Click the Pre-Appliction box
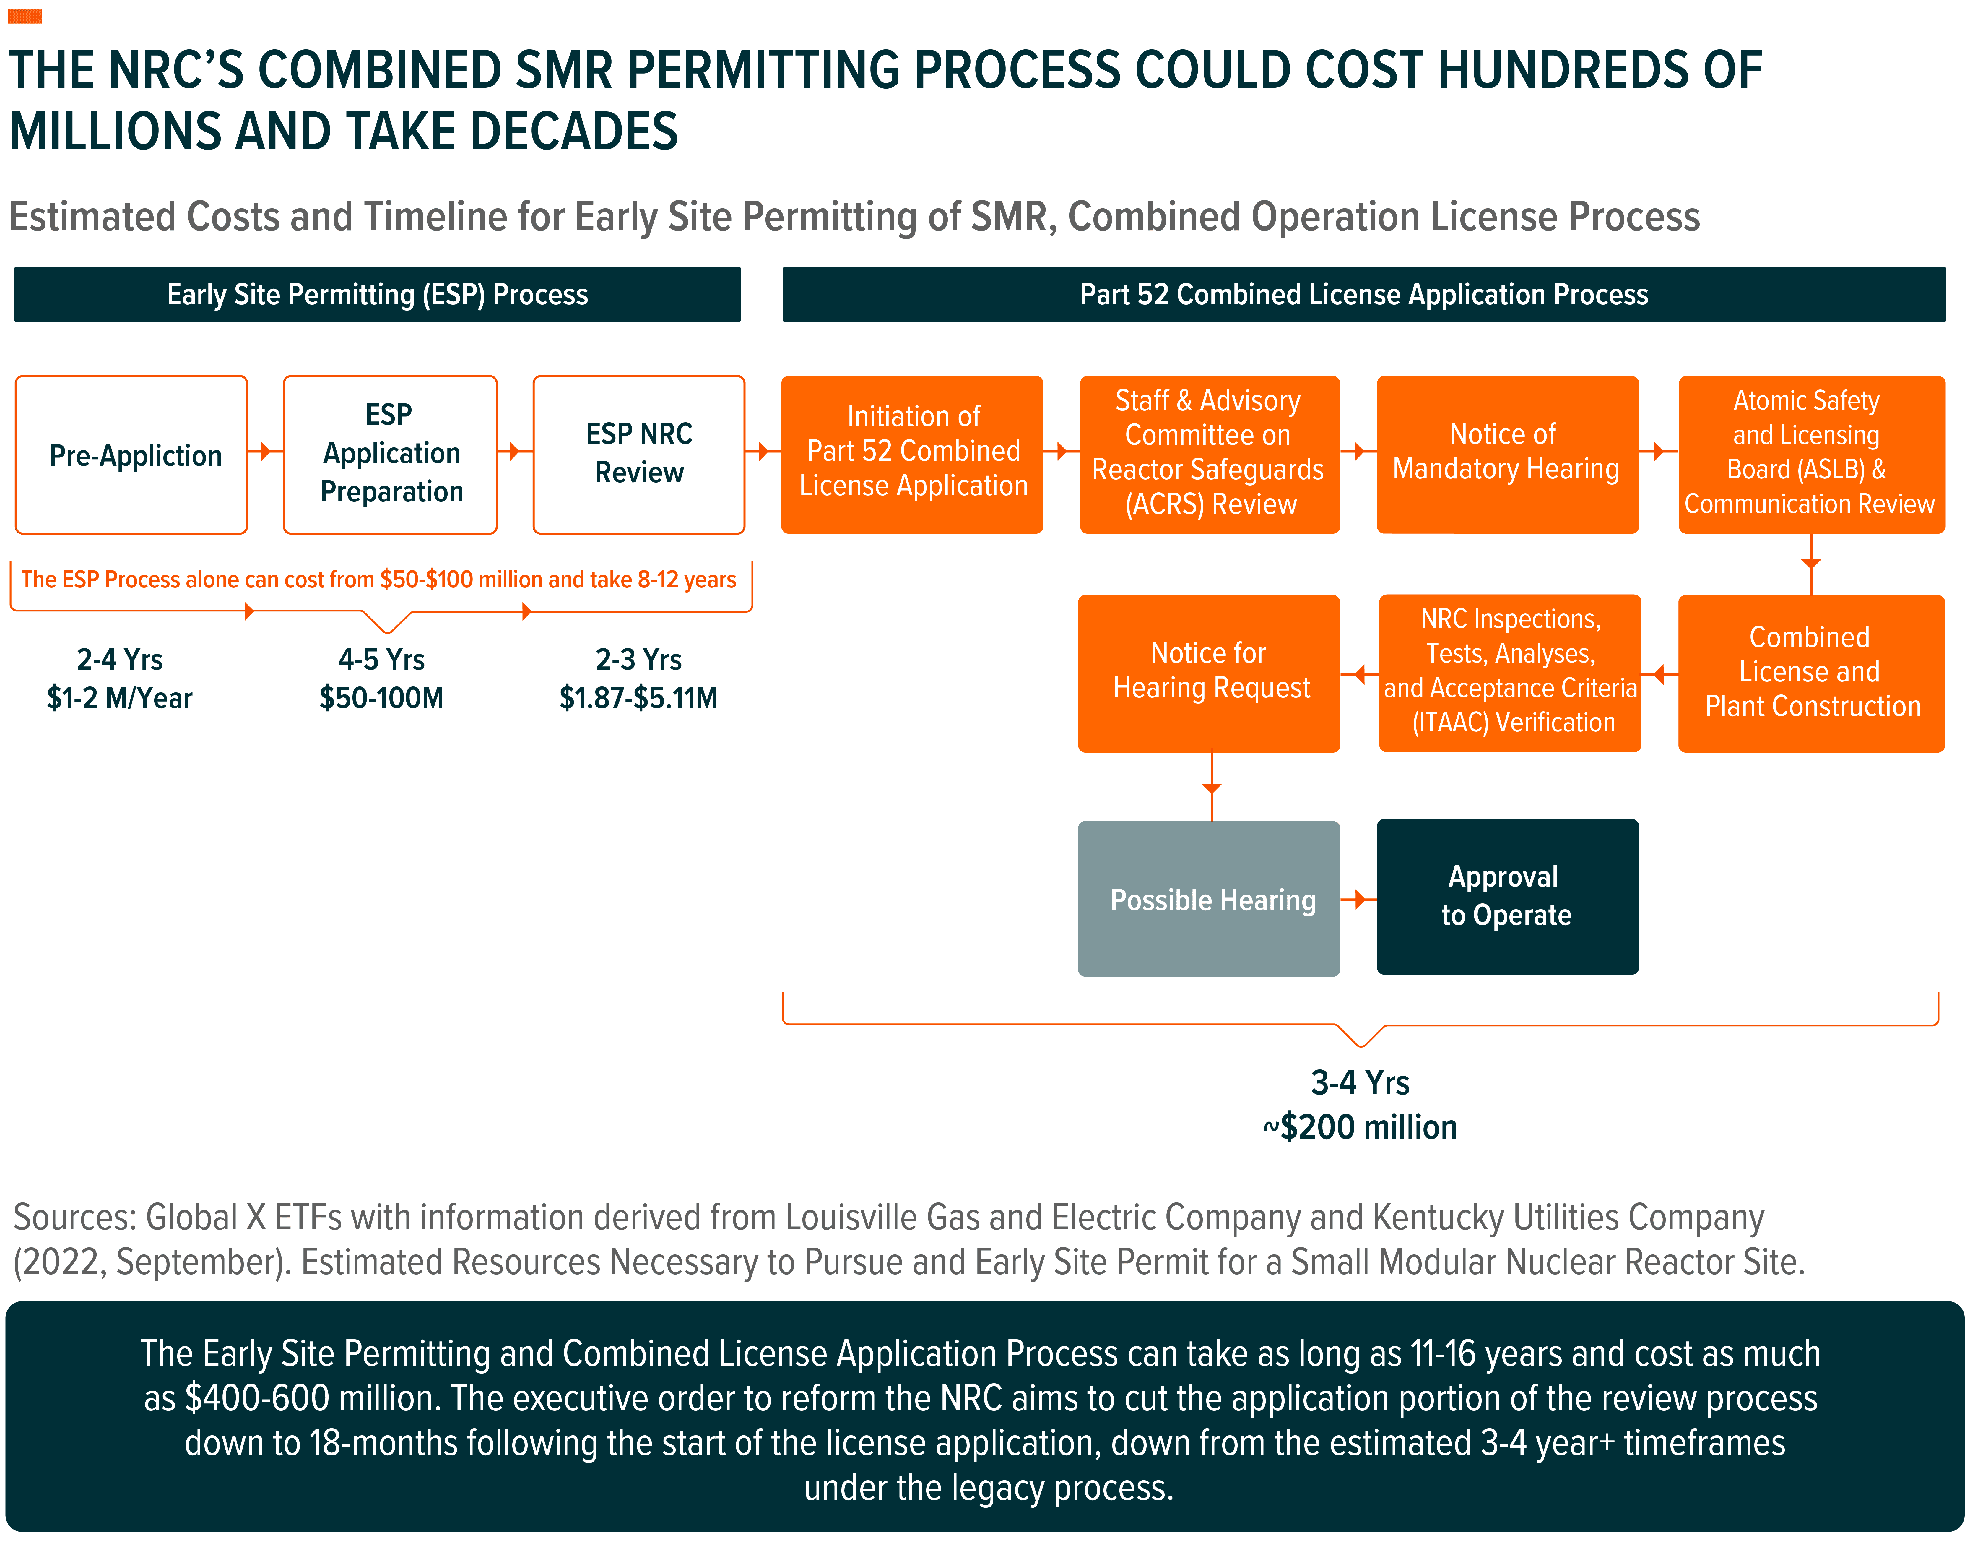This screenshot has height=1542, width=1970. click(132, 455)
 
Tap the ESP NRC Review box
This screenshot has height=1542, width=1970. click(639, 454)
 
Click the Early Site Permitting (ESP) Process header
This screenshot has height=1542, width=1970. click(377, 294)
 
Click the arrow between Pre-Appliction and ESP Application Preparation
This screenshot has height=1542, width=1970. click(265, 450)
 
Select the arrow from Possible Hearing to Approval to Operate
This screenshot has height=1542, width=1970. click(1359, 899)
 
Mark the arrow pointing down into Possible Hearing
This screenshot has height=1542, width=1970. click(1211, 788)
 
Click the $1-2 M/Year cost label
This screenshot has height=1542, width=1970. click(120, 698)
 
